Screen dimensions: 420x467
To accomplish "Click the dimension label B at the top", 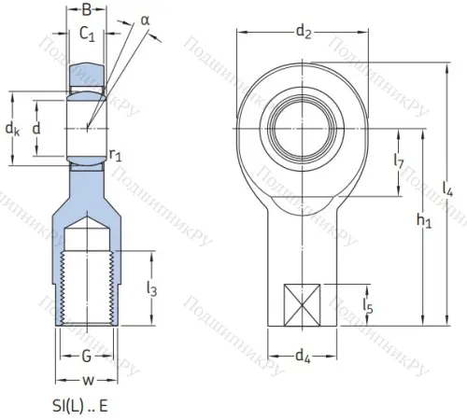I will click(x=87, y=11).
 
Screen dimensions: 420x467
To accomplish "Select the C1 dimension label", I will click(x=87, y=36).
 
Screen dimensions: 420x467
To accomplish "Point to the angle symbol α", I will click(x=146, y=20).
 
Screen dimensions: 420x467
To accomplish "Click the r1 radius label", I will click(x=116, y=155).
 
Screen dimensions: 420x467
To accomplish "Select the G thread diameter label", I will click(x=86, y=356).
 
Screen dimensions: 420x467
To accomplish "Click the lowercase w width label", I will click(x=86, y=380).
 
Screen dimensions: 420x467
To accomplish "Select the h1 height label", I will click(x=425, y=222).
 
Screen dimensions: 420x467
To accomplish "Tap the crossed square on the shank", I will click(x=302, y=304).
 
